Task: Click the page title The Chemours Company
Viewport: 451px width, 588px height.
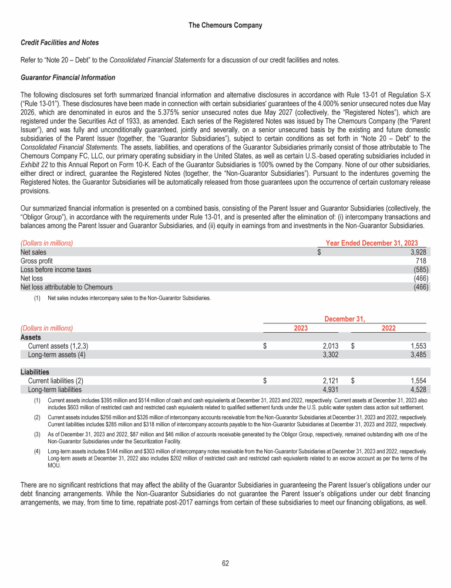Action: click(x=225, y=25)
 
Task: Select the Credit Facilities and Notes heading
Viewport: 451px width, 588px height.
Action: click(x=59, y=42)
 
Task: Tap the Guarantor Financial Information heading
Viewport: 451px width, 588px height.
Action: click(x=68, y=78)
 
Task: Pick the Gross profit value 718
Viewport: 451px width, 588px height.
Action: click(x=420, y=260)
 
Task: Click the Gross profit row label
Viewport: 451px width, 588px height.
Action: click(x=36, y=260)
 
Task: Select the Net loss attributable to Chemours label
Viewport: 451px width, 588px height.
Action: click(x=66, y=288)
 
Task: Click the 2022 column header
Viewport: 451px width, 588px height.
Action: click(x=388, y=328)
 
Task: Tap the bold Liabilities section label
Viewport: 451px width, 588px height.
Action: click(x=35, y=372)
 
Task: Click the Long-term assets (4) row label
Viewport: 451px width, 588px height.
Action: click(x=53, y=355)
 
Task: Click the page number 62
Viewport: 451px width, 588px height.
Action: click(x=225, y=563)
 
